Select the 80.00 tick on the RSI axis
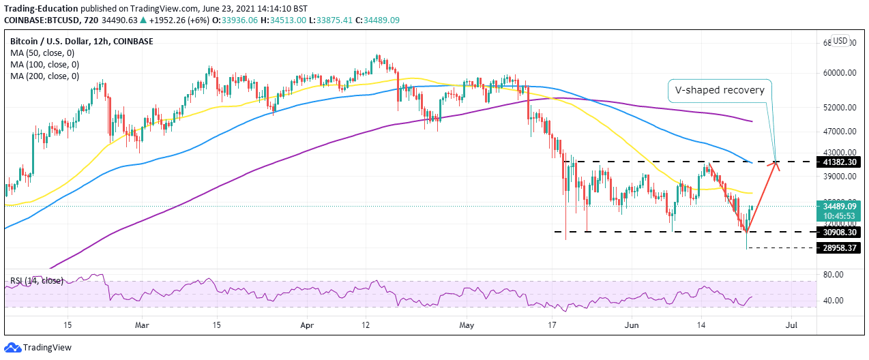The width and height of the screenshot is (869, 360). tap(834, 275)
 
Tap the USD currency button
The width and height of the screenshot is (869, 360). tap(840, 41)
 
